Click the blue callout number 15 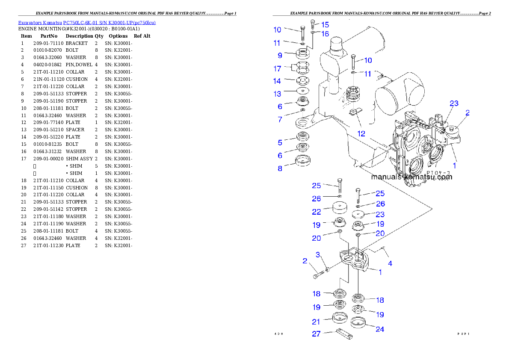(325, 25)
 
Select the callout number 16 (325, 34)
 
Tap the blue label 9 (280, 55)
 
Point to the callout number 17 (278, 68)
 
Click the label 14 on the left (278, 81)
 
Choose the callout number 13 (278, 94)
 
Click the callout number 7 (280, 120)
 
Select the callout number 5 (280, 143)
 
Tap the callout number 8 (280, 168)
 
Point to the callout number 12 (361, 133)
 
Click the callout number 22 (316, 212)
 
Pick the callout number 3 (318, 255)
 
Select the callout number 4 (390, 263)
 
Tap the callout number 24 (380, 329)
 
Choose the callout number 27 (316, 334)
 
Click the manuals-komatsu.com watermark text (411, 177)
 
